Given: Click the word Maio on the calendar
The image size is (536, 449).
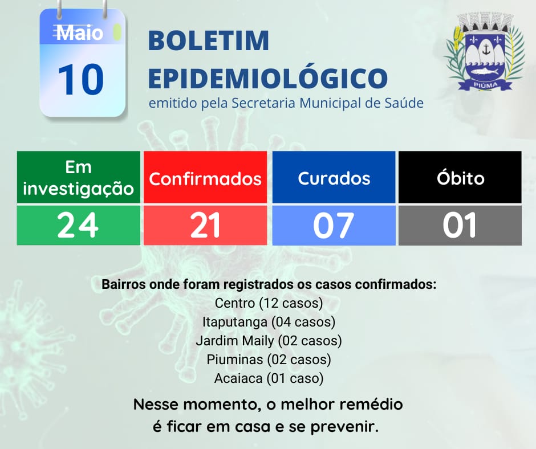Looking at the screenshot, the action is coord(80,33).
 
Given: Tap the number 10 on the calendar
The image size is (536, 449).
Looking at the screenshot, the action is coord(80,79).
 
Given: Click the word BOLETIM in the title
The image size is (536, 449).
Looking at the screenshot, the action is coord(209,40).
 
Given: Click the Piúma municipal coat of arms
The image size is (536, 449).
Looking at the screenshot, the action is coord(485,52).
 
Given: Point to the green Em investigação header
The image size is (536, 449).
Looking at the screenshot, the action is coord(79,177).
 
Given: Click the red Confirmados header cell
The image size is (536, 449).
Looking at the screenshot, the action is coord(205,177).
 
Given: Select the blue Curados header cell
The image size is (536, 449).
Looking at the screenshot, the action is coord(334,177).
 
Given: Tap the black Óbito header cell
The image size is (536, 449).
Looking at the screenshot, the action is coord(460,177).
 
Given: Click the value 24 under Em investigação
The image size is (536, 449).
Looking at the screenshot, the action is coord(78,225).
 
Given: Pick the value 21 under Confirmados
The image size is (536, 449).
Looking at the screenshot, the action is coord(205,225).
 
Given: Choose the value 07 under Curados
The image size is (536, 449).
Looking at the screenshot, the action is coord(334,225).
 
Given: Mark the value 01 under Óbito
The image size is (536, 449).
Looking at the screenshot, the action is coord(460,225).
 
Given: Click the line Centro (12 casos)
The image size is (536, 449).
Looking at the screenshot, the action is coord(269,303).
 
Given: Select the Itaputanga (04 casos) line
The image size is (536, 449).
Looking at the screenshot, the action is coord(269,322).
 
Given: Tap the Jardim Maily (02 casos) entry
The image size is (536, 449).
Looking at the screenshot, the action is coord(269,341).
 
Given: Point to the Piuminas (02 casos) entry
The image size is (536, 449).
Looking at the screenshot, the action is coord(269,360).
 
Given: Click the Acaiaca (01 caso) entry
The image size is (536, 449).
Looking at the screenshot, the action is coord(269,378).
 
